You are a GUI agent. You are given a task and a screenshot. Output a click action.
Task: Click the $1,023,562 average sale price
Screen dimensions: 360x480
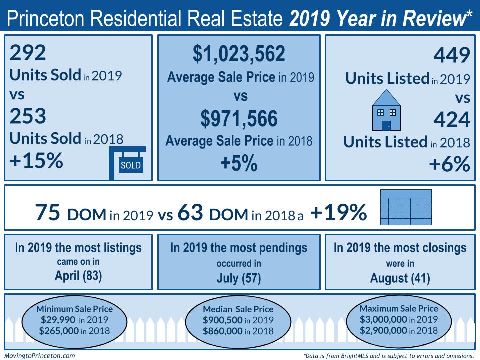pyautogui.click(x=239, y=54)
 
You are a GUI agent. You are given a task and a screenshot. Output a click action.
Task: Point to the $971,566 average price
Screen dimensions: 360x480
pyautogui.click(x=239, y=119)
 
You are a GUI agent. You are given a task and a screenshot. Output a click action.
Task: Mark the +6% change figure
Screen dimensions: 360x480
pyautogui.click(x=449, y=164)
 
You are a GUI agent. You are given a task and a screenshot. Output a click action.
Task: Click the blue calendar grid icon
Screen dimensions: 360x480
pyautogui.click(x=406, y=207)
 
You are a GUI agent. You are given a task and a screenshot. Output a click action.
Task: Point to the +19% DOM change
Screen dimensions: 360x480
pyautogui.click(x=339, y=212)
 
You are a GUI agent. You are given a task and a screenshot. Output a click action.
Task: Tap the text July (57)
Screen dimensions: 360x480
pyautogui.click(x=239, y=278)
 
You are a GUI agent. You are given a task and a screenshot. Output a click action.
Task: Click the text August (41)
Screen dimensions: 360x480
pyautogui.click(x=400, y=278)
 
